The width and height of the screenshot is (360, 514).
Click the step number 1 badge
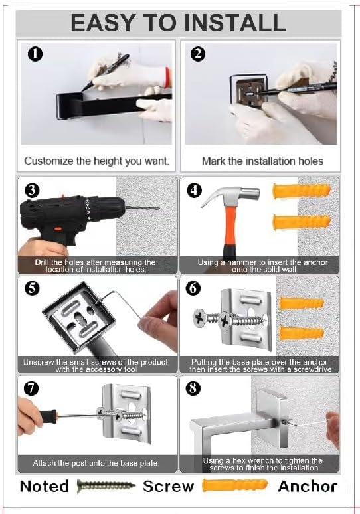coord(35,54)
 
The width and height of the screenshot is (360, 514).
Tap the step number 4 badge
coord(194,190)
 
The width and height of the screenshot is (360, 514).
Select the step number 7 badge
coord(31,388)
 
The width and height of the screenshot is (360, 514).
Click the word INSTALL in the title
coord(235,23)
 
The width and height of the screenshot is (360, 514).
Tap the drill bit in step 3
coord(143,207)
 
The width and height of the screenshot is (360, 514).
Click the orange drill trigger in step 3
coord(58,229)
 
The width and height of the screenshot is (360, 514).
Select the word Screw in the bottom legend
coord(168,487)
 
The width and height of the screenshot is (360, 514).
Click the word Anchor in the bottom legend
coord(308,487)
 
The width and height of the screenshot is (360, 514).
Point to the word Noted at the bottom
coord(45,487)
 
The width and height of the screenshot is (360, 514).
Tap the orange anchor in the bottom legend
coord(234,485)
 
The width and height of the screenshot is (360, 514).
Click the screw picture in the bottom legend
coord(106,486)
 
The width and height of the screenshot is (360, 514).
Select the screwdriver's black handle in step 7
coord(48,416)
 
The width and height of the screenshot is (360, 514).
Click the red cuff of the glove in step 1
coord(168,78)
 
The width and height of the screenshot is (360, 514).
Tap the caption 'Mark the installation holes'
coord(262,161)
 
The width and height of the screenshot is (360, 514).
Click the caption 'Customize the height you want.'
coord(97,161)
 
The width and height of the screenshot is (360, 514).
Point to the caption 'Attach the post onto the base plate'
coord(96,463)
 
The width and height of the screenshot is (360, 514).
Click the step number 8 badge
coord(193,388)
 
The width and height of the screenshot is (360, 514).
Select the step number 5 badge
coord(32,288)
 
